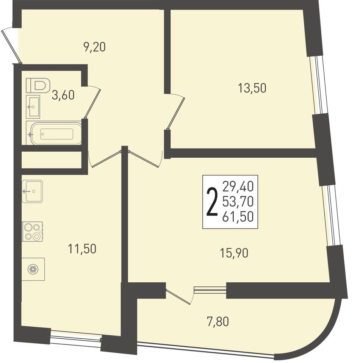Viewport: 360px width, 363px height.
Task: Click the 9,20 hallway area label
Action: click(x=94, y=47)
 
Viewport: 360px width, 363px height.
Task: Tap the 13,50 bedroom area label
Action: click(x=252, y=88)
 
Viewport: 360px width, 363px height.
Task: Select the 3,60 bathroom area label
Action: click(x=63, y=95)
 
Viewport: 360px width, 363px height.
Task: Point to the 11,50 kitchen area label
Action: click(x=82, y=249)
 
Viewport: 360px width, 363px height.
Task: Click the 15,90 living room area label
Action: click(x=234, y=253)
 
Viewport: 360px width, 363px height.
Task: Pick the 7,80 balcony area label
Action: click(x=218, y=322)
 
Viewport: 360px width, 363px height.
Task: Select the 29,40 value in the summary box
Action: click(x=238, y=186)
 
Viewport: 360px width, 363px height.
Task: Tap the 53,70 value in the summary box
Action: click(x=238, y=202)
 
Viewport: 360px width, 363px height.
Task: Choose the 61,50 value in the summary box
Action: click(x=238, y=217)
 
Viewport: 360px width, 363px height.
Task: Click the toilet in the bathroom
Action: click(x=38, y=85)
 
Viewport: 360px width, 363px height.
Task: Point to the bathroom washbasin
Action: click(x=33, y=106)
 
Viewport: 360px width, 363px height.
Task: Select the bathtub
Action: click(x=54, y=133)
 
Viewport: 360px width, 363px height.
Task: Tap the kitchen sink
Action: click(x=32, y=191)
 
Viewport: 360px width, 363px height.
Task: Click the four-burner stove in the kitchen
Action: click(x=32, y=231)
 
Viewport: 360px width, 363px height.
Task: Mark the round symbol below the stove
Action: click(x=33, y=269)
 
